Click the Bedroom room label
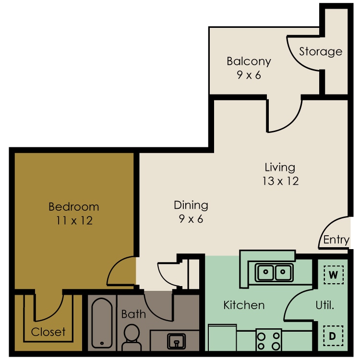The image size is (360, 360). [x=74, y=207]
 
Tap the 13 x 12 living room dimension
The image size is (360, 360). [x=281, y=181]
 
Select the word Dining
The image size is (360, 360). [x=191, y=205]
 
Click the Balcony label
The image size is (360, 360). [x=249, y=61]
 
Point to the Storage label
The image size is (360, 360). [x=321, y=51]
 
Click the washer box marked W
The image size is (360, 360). [x=334, y=275]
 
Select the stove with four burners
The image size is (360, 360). [x=269, y=339]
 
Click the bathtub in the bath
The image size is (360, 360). [x=101, y=324]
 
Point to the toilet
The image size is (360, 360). [x=131, y=336]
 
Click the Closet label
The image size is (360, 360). [x=48, y=332]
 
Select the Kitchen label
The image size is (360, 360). [x=244, y=305]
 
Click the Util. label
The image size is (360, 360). [x=325, y=305]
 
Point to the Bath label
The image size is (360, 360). [x=133, y=314]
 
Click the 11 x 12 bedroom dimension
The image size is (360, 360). [x=74, y=221]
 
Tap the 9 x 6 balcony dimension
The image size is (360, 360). [x=249, y=75]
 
